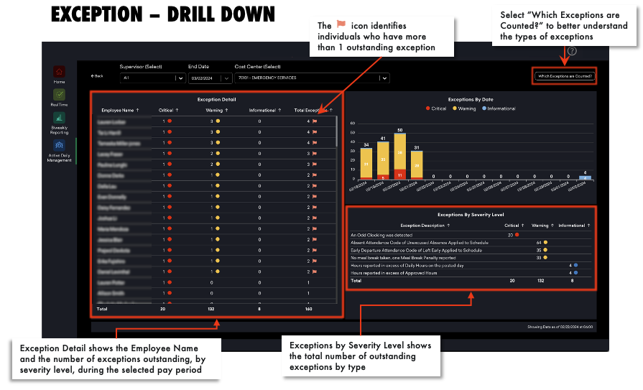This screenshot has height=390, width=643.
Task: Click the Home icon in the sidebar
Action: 59,72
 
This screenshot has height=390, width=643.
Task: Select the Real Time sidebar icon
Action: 59,94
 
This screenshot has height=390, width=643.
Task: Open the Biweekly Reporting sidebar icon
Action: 59,118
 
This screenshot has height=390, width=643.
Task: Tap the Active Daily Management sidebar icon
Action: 59,146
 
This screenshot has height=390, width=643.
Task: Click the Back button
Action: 97,76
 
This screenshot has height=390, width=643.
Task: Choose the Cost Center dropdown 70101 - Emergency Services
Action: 312,78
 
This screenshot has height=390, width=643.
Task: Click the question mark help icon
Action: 572,51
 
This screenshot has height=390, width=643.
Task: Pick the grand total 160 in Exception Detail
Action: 308,310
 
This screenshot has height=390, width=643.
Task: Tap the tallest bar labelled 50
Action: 400,154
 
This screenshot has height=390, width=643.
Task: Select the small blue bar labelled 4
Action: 586,176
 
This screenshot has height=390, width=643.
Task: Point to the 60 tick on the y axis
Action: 353,123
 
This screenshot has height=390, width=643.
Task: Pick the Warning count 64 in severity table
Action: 539,243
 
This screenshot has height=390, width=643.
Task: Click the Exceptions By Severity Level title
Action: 471,214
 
